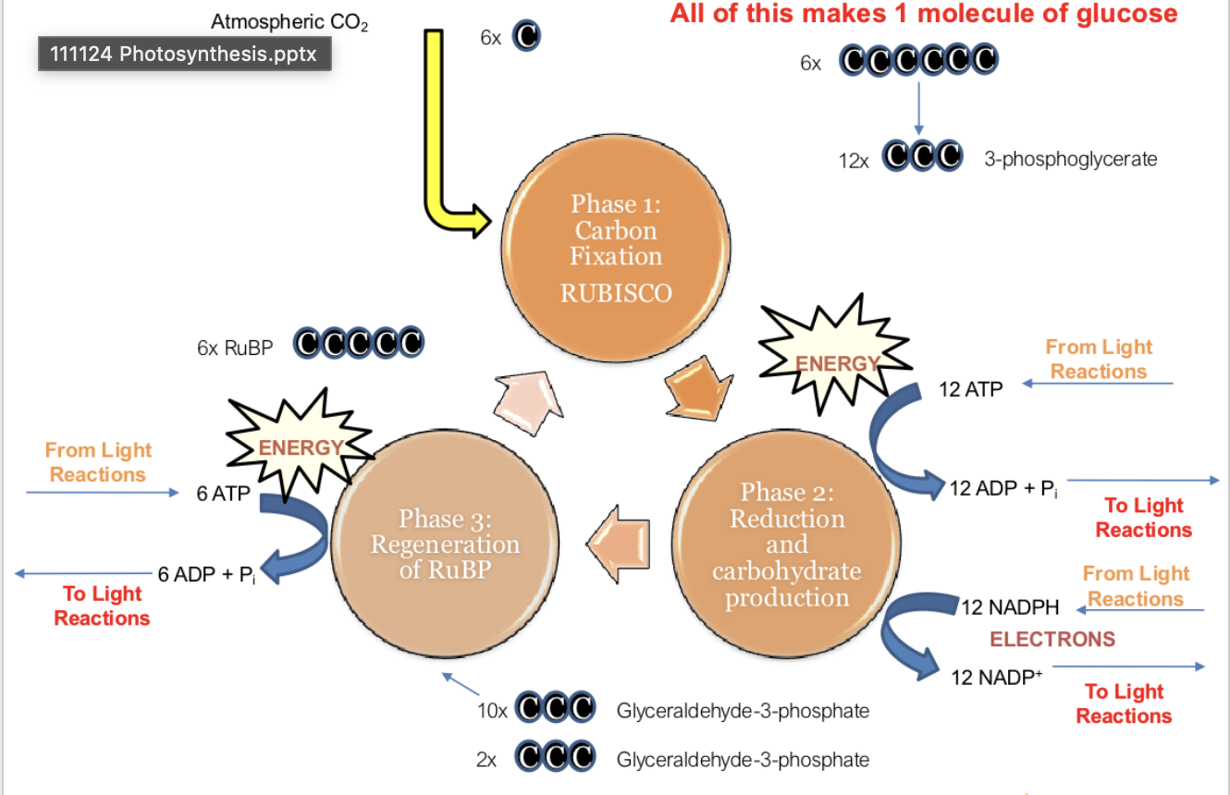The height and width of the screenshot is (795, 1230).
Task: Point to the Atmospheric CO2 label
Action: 289,21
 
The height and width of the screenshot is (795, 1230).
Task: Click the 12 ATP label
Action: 970,389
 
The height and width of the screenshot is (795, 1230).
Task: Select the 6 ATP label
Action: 223,494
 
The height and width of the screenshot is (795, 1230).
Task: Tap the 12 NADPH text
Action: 1010,607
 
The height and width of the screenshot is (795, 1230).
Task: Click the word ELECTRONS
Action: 1052,639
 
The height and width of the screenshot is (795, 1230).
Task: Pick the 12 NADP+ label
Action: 997,677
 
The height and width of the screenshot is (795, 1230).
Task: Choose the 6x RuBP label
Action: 235,348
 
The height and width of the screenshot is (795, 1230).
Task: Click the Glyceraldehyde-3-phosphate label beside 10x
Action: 743,711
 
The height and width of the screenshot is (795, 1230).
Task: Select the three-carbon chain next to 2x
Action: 553,759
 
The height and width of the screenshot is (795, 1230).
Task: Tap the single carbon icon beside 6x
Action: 526,36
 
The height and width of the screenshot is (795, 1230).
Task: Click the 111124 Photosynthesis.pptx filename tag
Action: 184,54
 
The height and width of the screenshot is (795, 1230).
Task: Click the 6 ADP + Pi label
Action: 206,574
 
